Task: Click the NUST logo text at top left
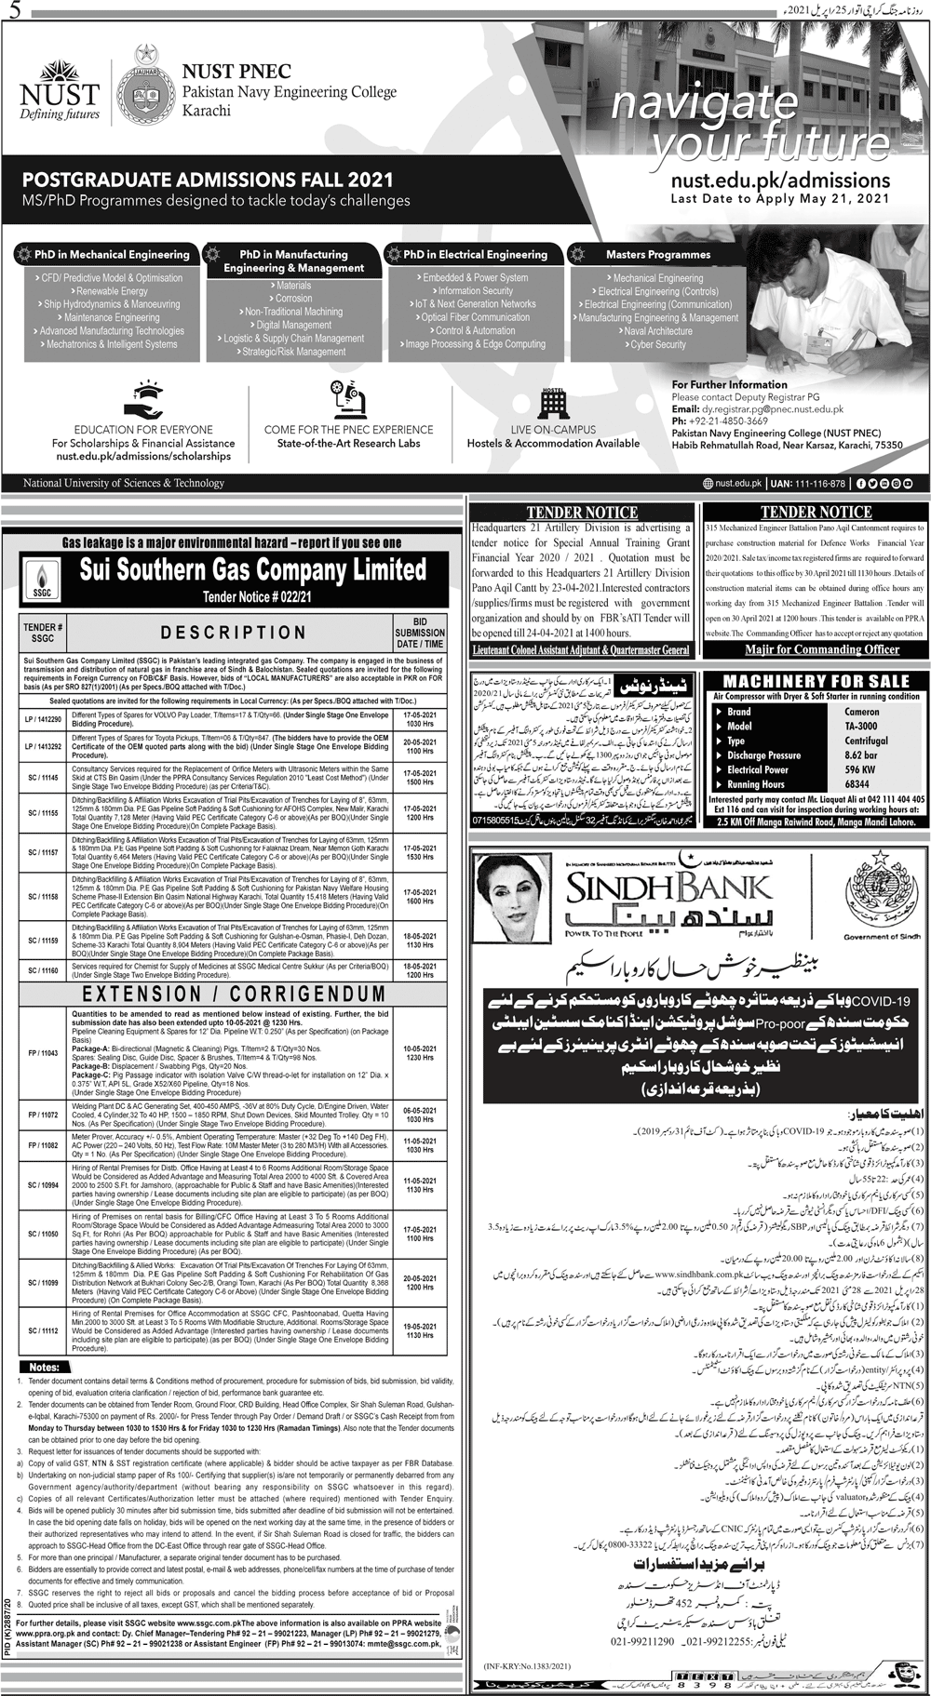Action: pos(59,94)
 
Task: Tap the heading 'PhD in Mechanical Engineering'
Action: pos(112,254)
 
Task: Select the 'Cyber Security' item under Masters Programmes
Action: pos(657,344)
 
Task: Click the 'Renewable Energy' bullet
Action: pos(112,291)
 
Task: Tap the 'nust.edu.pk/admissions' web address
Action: pos(780,179)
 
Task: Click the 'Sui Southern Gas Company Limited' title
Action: pos(252,568)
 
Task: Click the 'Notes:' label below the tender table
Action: pos(44,1367)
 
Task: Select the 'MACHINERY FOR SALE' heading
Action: pos(816,681)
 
